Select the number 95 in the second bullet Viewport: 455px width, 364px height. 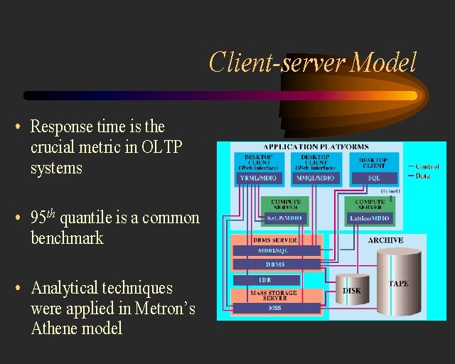tap(38, 218)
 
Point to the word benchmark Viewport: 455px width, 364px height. tap(67, 238)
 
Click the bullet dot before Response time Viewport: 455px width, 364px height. tap(18, 127)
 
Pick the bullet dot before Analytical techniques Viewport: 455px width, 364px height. tap(18, 289)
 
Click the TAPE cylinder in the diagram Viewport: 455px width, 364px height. tap(399, 282)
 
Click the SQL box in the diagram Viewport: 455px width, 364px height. tap(373, 178)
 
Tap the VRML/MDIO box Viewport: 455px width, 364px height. tap(259, 178)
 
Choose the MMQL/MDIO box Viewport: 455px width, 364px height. tap(316, 178)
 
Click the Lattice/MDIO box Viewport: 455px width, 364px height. tap(370, 218)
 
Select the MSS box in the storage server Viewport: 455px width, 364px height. tap(276, 309)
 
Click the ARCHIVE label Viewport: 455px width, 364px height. tap(385, 240)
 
